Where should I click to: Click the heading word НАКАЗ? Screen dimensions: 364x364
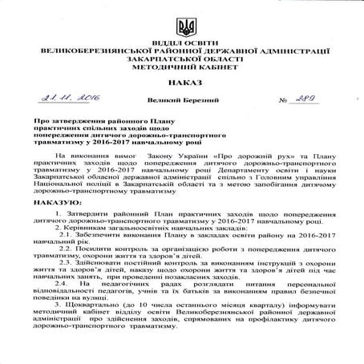(185, 82)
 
